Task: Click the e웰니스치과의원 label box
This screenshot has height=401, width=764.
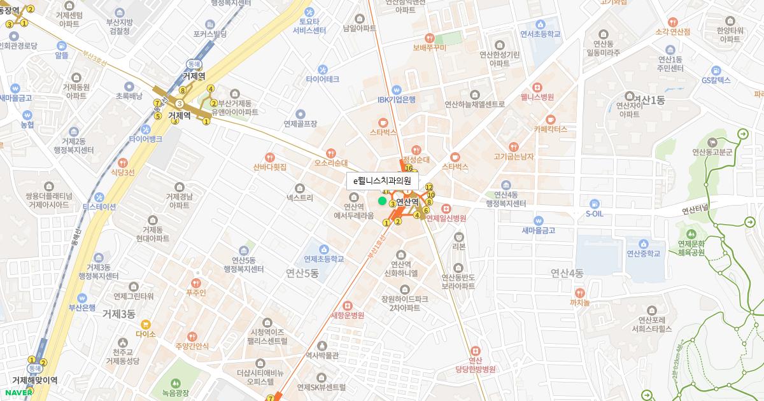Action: tap(382, 181)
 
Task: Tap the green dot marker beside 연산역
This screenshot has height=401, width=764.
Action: tap(382, 201)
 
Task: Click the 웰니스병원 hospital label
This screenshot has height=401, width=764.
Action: tap(537, 97)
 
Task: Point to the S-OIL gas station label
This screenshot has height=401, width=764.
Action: tap(594, 214)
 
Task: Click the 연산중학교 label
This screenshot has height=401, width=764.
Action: tap(644, 253)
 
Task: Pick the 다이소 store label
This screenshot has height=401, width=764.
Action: tap(145, 333)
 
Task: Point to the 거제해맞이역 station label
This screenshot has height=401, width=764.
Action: tap(34, 380)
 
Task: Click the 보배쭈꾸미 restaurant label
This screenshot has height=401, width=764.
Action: tap(430, 47)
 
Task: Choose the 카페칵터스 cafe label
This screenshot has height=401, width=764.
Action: tap(550, 129)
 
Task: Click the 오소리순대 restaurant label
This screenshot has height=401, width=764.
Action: tap(330, 163)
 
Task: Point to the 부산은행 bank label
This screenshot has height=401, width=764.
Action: tap(81, 307)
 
